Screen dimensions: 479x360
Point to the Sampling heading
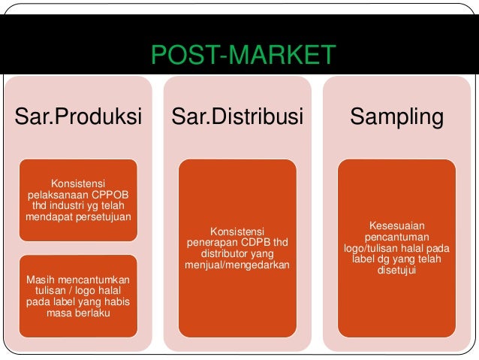(396, 116)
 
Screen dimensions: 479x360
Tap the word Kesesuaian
(396, 225)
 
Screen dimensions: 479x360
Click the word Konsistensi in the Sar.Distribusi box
(237, 231)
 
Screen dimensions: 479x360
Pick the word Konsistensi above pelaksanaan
(78, 183)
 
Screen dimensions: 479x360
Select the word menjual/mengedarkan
(237, 265)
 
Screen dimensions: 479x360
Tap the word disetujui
(396, 270)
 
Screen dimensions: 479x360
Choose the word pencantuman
(396, 236)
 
